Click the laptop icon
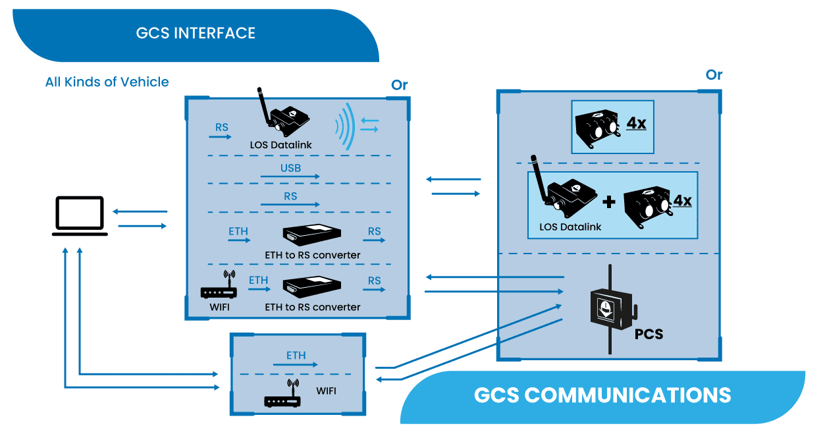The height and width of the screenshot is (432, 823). [x=80, y=215]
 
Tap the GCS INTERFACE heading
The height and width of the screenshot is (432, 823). [x=196, y=33]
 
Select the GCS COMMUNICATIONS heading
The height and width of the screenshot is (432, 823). [x=602, y=395]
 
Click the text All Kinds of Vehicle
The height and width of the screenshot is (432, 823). [x=107, y=82]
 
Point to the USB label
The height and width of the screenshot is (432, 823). [x=290, y=168]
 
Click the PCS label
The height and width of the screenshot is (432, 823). [x=649, y=334]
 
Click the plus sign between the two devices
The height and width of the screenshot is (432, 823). [x=609, y=202]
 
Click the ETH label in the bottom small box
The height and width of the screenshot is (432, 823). [x=296, y=356]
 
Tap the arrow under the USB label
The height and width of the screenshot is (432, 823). [x=290, y=177]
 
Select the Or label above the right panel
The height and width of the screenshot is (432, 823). [x=714, y=75]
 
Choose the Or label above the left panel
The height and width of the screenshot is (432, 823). [x=399, y=85]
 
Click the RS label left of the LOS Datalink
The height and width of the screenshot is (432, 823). [x=221, y=127]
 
